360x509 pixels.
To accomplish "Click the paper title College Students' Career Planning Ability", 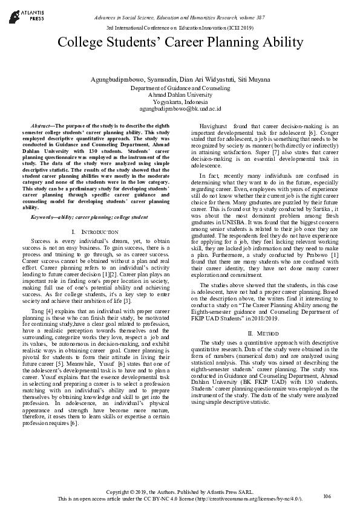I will tap(180, 42).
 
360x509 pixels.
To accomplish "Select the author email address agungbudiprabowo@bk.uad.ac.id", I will tap(180, 109).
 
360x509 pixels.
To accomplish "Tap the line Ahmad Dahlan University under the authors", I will tap(180, 95).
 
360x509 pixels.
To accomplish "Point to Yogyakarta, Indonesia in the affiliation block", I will tap(180, 102).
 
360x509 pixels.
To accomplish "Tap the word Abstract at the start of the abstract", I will tap(44, 123).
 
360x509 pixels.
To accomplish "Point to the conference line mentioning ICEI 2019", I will tap(180, 28).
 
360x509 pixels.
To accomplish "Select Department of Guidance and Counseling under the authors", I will tap(180, 88).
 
